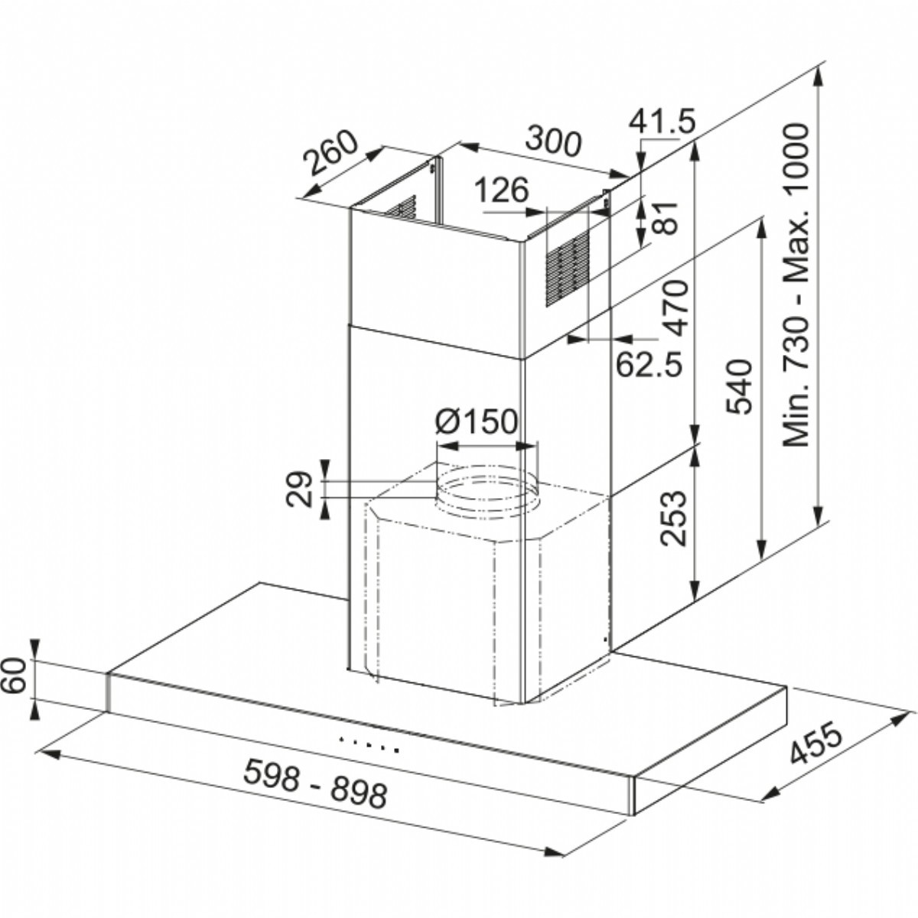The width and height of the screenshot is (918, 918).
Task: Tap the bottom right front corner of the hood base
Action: click(x=634, y=814)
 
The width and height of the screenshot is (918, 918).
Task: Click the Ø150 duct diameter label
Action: click(x=476, y=421)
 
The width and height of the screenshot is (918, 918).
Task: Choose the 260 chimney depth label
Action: click(x=330, y=151)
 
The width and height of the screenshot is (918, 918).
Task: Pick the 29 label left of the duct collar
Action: click(x=299, y=490)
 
